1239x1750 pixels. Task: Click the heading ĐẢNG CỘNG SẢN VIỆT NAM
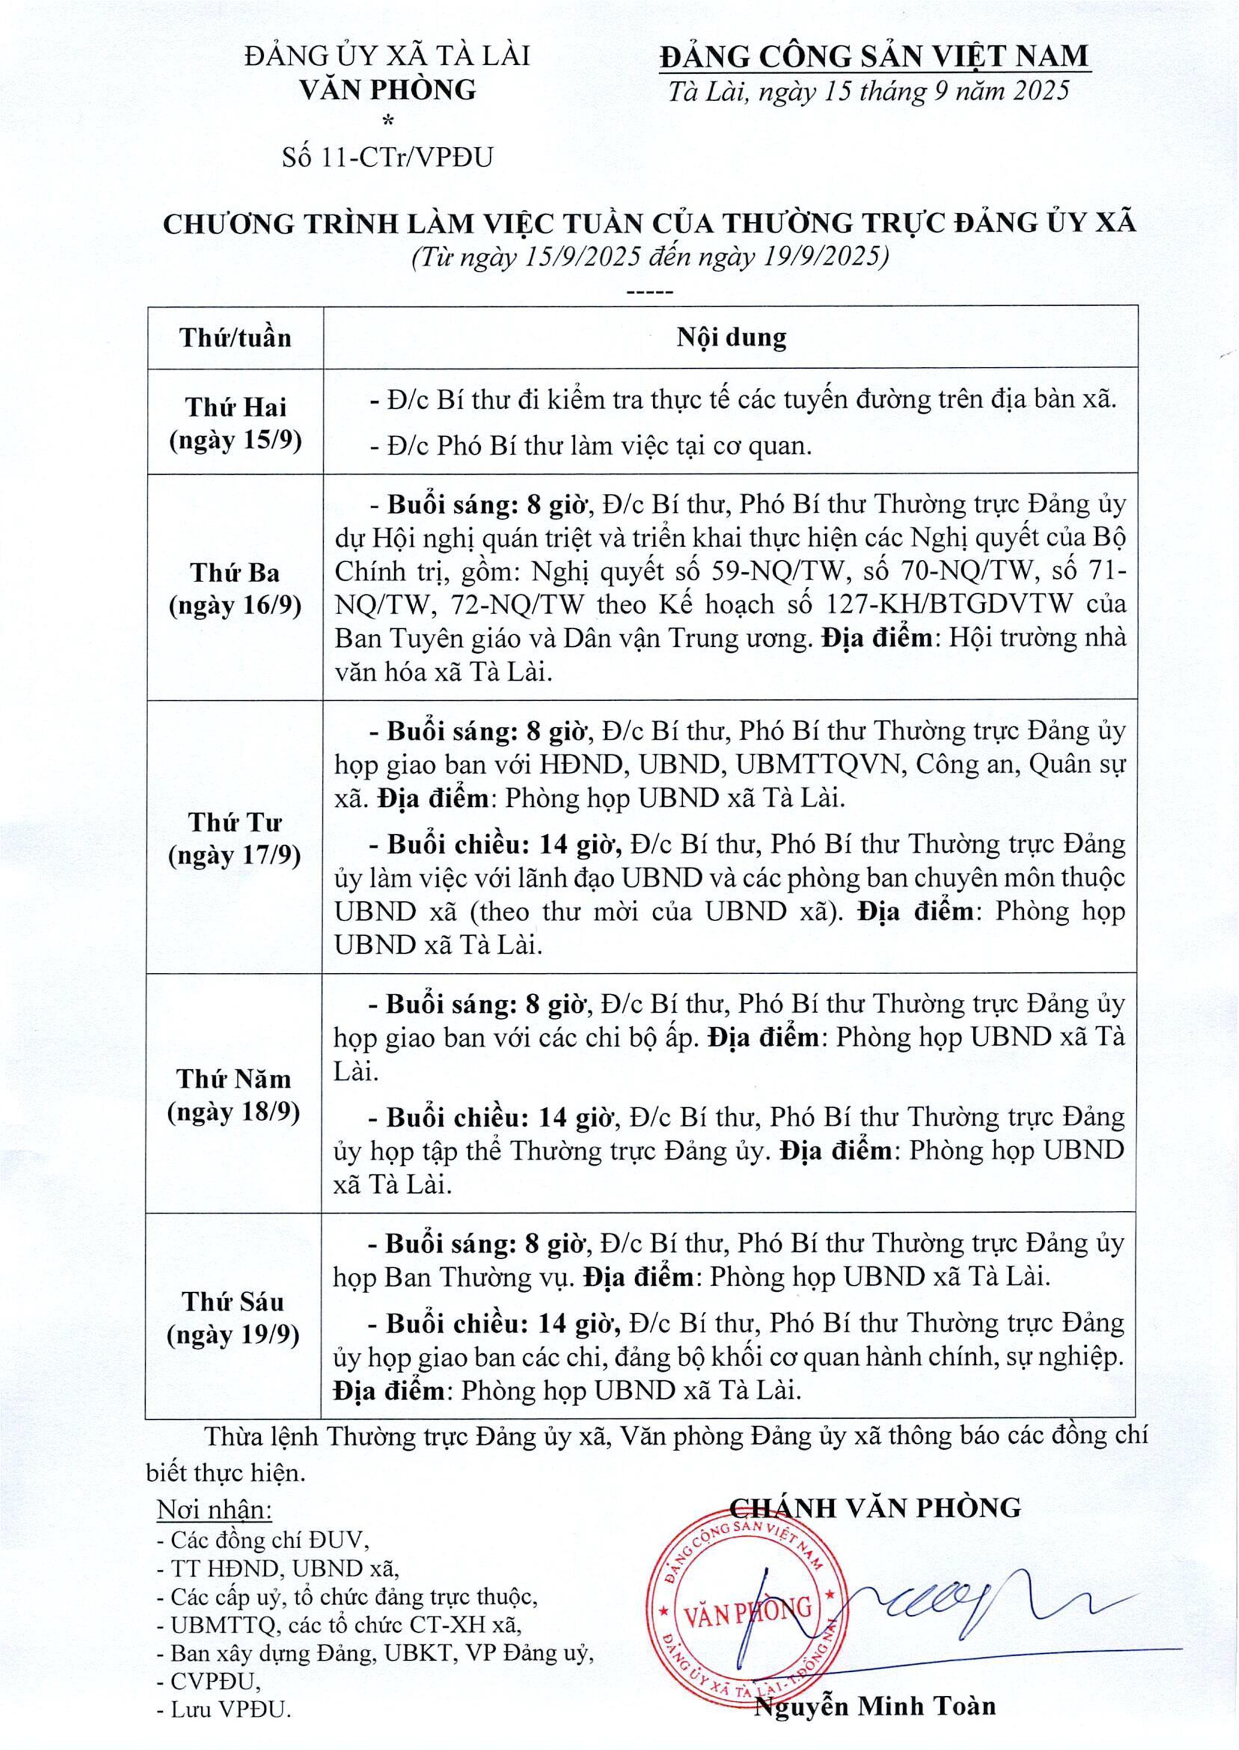[x=874, y=55]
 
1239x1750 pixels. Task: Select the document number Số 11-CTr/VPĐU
[x=387, y=157]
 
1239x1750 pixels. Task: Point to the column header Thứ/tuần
[x=235, y=337]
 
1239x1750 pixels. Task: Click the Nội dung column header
[x=730, y=337]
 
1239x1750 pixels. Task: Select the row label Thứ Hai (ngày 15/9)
[x=235, y=423]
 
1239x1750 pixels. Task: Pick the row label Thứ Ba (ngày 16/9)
[x=235, y=589]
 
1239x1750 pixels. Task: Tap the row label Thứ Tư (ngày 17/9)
[x=235, y=838]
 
